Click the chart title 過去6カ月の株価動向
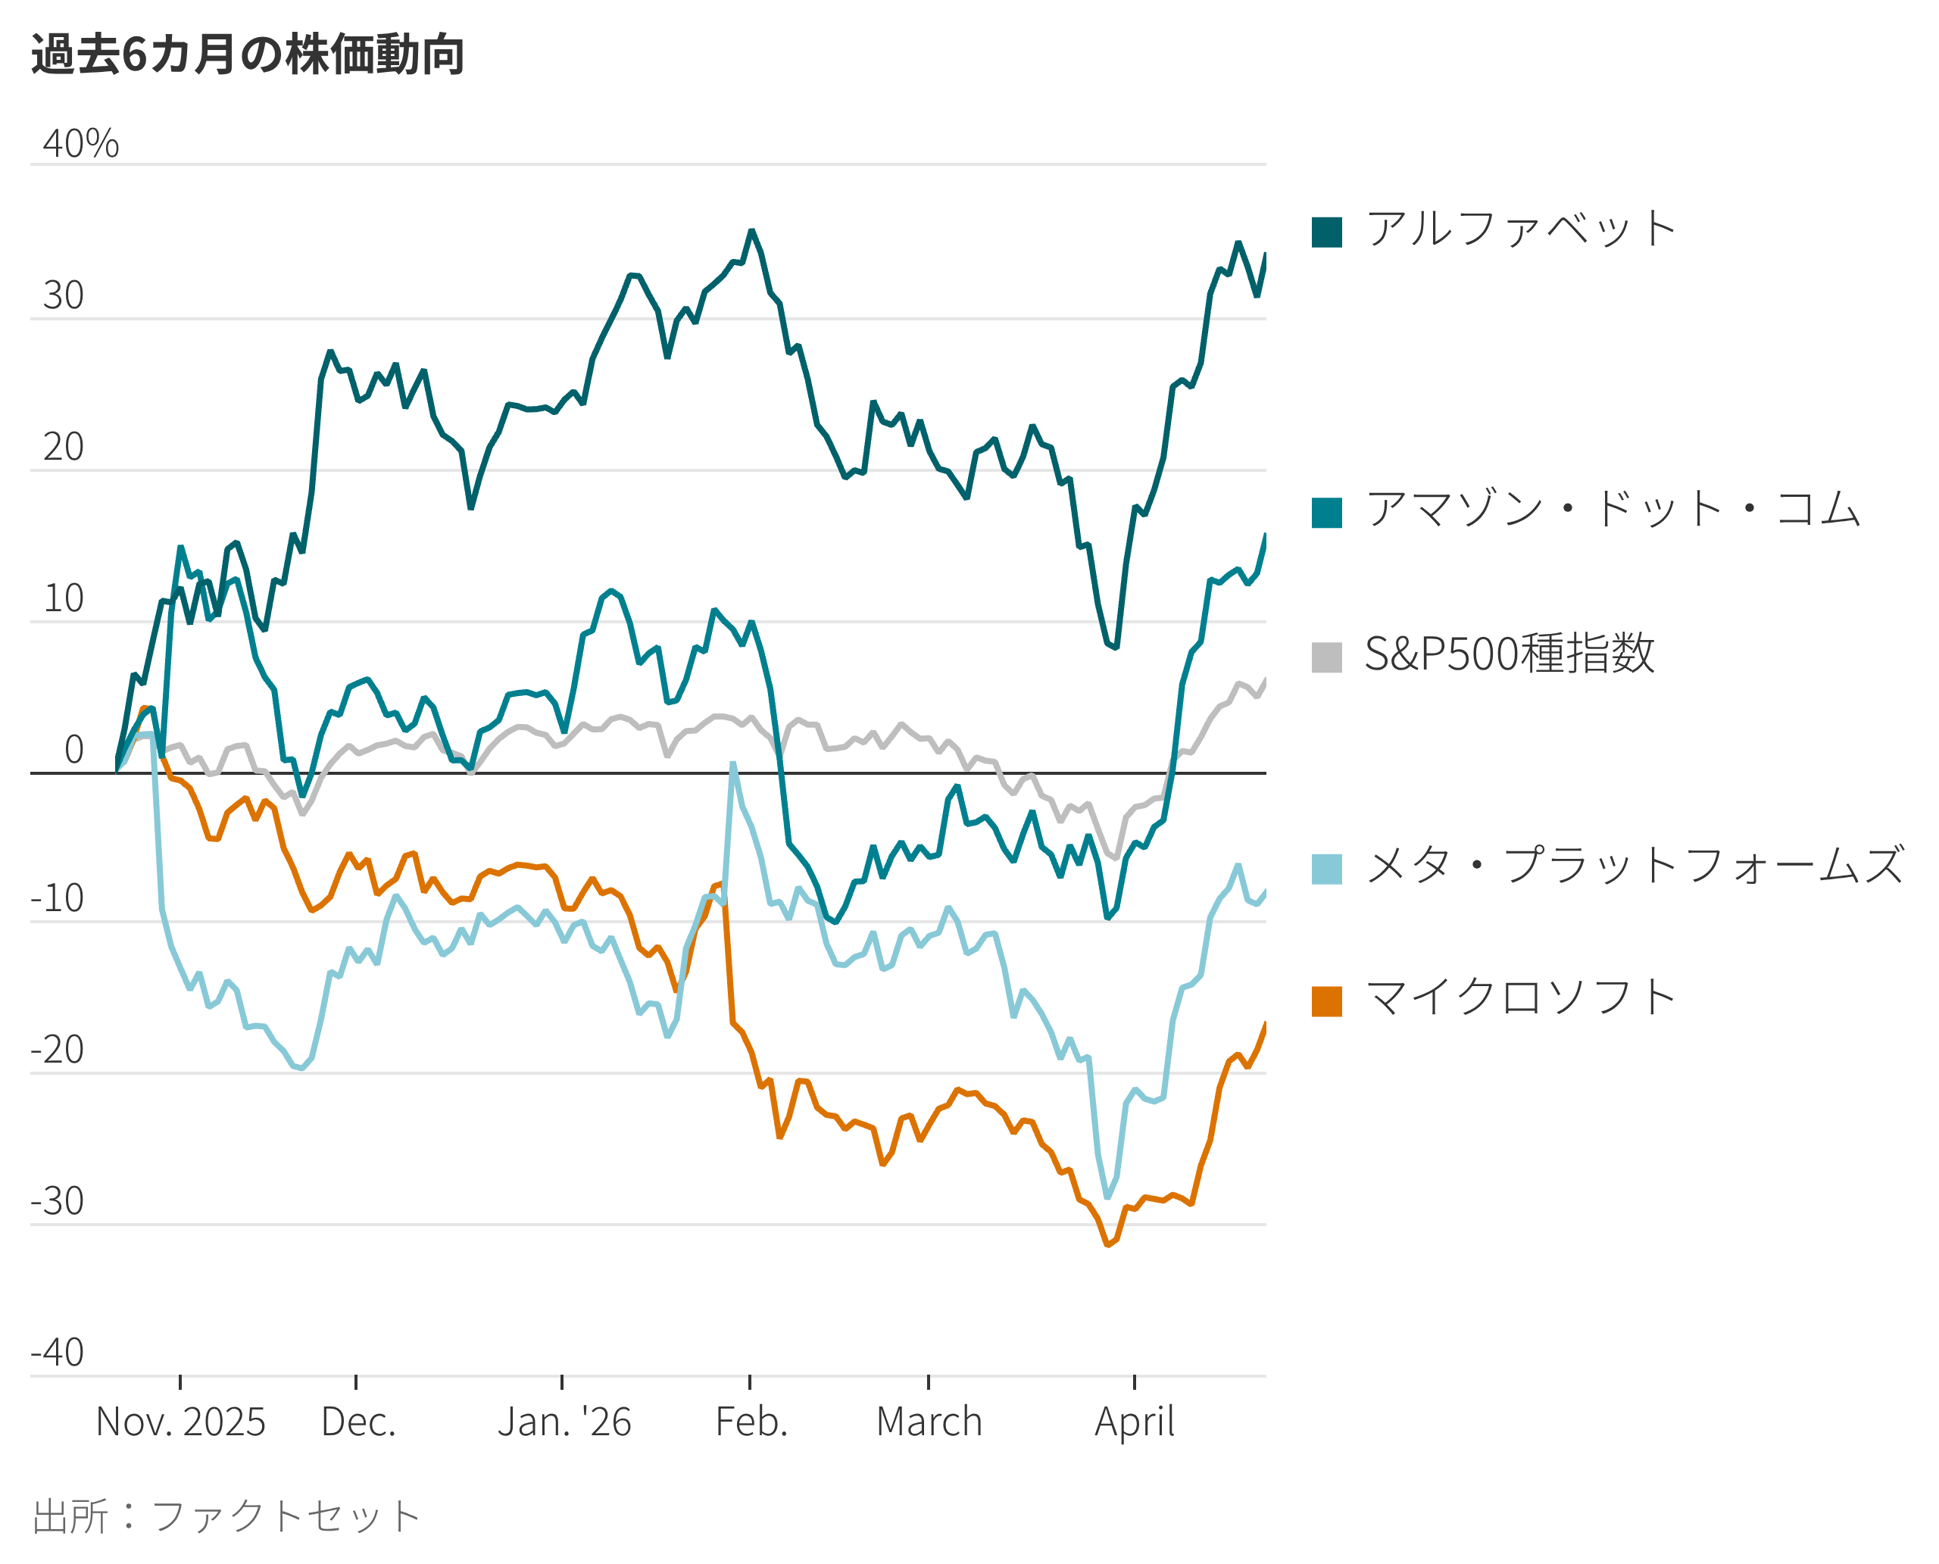coord(248,54)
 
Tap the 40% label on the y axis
coord(80,144)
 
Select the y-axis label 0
coord(74,750)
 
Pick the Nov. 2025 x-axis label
coord(180,1422)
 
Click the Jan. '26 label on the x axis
coord(564,1422)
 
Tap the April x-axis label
coord(1135,1422)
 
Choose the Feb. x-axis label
coord(751,1422)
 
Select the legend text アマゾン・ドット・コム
coord(1613,510)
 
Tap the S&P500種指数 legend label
coord(1510,654)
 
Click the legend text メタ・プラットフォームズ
coord(1635,866)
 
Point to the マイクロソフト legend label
coord(1521,998)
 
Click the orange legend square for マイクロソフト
coord(1327,1001)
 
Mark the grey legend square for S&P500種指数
coord(1327,657)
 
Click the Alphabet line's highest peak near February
coord(751,232)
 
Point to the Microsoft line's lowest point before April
coord(1107,1244)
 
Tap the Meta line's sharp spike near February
coord(732,764)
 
